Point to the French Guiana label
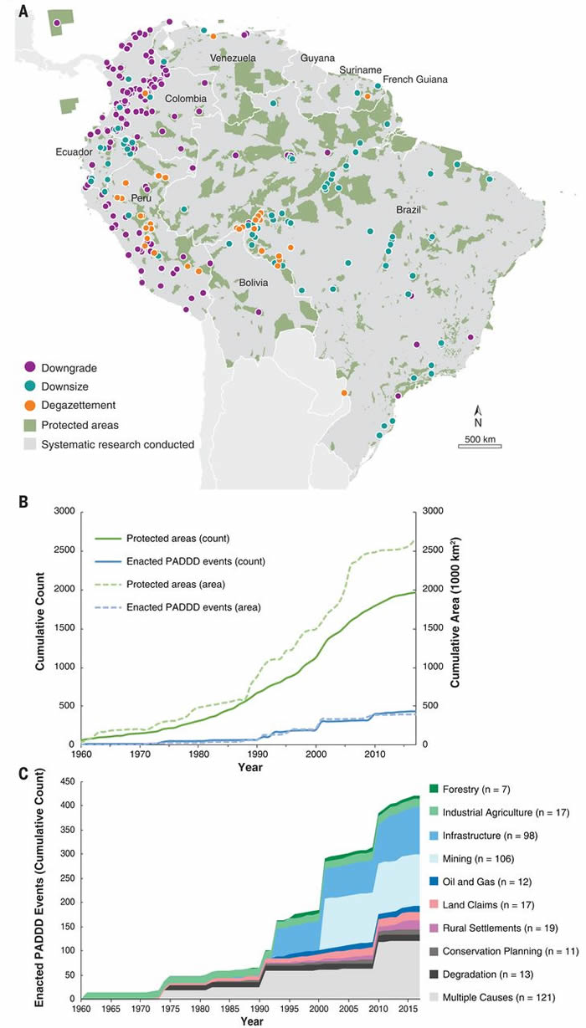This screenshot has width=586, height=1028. point(414,79)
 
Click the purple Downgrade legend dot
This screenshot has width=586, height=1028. point(30,367)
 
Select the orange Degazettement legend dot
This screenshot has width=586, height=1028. point(30,406)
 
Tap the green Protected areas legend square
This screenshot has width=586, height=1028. point(30,426)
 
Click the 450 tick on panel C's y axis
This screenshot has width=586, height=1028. point(67,782)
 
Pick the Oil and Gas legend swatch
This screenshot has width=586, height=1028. point(434,882)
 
